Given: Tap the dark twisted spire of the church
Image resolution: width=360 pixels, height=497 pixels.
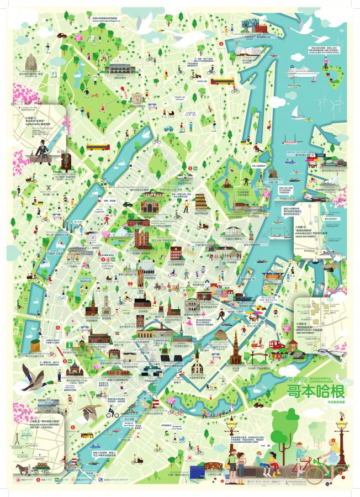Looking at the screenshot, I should (235, 342).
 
